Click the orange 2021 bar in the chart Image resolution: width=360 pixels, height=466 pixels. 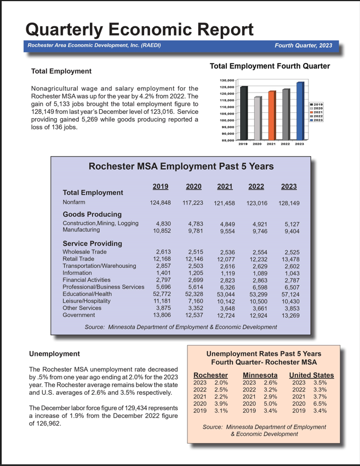click(x=271, y=115)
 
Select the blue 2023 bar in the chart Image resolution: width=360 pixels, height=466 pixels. click(x=300, y=111)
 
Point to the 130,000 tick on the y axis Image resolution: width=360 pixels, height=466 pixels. click(x=227, y=80)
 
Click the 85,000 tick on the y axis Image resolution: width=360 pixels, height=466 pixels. click(x=228, y=140)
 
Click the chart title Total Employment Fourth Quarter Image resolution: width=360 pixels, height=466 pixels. click(x=270, y=66)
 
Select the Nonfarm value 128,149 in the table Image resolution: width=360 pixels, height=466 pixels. click(x=289, y=203)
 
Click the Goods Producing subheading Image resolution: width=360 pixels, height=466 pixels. click(x=92, y=214)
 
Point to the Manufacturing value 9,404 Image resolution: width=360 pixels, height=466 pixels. click(x=290, y=232)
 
